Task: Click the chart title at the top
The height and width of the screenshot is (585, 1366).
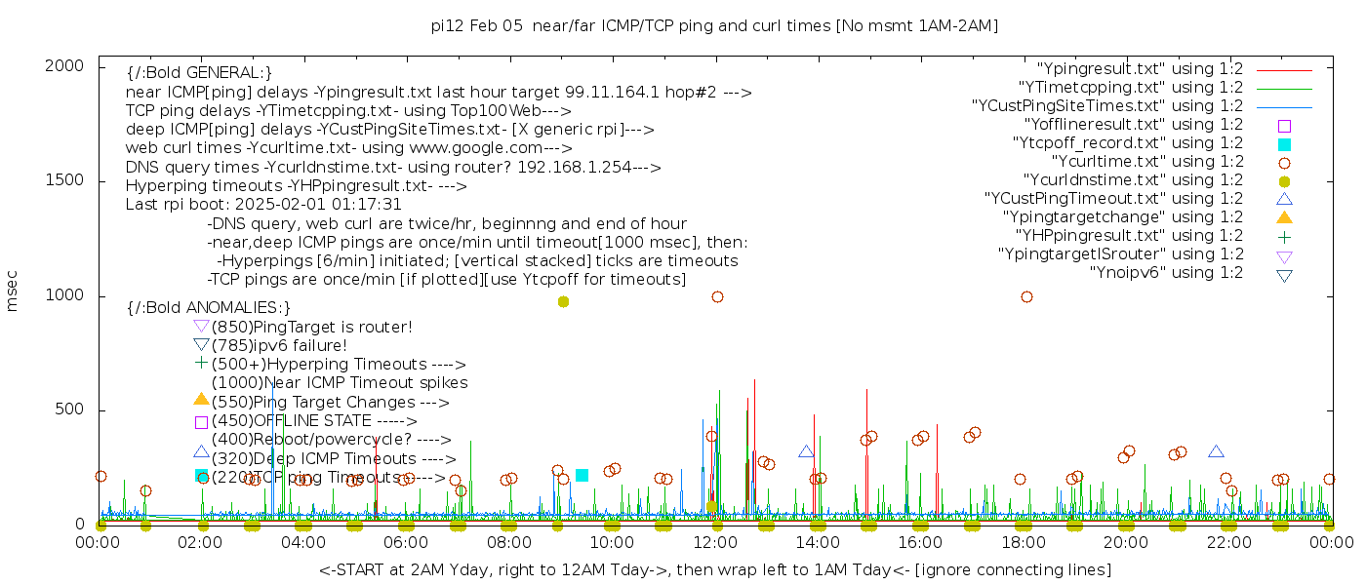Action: pos(714,25)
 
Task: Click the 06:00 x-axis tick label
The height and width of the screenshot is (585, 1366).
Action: pos(407,544)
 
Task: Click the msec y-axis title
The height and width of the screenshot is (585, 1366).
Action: pos(13,290)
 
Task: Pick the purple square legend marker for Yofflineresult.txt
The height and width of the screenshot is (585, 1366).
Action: pos(1284,126)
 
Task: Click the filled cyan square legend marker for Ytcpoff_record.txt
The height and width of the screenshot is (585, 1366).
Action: pos(1284,144)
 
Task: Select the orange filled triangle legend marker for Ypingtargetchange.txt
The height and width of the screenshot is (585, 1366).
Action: pos(1284,217)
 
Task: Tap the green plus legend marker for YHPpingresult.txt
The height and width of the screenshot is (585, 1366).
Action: pos(1284,236)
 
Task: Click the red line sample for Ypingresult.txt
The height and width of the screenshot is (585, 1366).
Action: pos(1284,70)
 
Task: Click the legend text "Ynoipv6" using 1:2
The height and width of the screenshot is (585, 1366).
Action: pos(1166,273)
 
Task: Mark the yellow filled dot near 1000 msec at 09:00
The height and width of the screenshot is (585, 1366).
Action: pos(563,302)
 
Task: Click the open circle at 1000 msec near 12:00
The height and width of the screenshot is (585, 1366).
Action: pos(717,296)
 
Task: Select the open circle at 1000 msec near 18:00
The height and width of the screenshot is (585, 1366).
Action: pos(1026,296)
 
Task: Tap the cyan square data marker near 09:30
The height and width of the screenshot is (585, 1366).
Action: pos(582,475)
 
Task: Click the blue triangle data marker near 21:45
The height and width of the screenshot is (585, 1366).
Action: pos(1216,451)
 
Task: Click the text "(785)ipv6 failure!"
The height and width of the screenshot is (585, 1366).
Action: pos(279,346)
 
